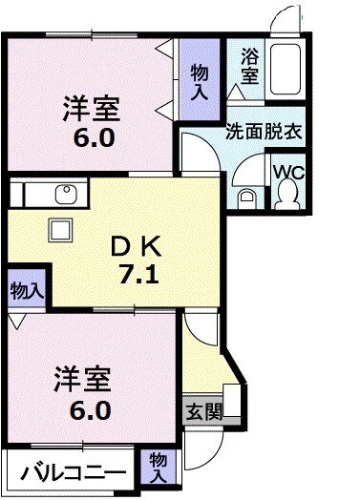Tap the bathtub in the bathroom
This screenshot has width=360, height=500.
click(285, 68)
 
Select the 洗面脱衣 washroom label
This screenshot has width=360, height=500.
click(264, 132)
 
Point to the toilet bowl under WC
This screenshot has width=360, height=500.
click(286, 195)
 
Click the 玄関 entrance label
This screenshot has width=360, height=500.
click(201, 414)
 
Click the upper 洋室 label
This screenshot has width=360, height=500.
click(92, 106)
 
